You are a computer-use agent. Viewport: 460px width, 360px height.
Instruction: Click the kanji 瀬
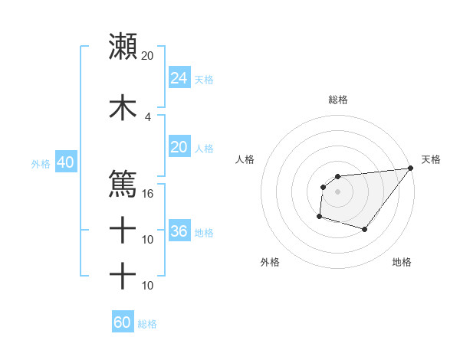pyautogui.click(x=123, y=47)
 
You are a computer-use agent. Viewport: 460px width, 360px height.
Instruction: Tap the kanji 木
pyautogui.click(x=123, y=108)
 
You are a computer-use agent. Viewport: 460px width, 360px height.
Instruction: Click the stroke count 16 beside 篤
pyautogui.click(x=148, y=193)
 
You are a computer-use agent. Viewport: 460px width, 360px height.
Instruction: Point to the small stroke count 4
pyautogui.click(x=148, y=116)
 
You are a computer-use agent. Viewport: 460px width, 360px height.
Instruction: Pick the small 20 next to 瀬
pyautogui.click(x=148, y=56)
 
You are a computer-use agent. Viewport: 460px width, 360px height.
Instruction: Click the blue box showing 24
pyautogui.click(x=179, y=78)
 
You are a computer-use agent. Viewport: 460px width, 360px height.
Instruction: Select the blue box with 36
pyautogui.click(x=179, y=231)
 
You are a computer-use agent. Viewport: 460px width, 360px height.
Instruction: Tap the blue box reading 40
pyautogui.click(x=65, y=162)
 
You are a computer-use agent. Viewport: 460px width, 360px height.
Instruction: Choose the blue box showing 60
pyautogui.click(x=123, y=322)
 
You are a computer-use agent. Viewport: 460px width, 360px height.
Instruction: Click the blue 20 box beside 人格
pyautogui.click(x=179, y=147)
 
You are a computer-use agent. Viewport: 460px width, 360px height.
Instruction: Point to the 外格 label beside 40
pyautogui.click(x=41, y=163)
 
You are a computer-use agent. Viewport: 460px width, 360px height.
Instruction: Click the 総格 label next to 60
pyautogui.click(x=147, y=324)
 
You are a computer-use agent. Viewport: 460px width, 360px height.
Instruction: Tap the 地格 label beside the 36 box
pyautogui.click(x=204, y=232)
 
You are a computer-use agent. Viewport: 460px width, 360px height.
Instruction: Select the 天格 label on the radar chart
pyautogui.click(x=431, y=159)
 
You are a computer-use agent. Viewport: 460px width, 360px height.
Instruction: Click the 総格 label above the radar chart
pyautogui.click(x=337, y=100)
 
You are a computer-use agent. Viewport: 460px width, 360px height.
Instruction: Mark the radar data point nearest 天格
pyautogui.click(x=412, y=169)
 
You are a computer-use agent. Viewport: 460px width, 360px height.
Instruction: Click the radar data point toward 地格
pyautogui.click(x=366, y=230)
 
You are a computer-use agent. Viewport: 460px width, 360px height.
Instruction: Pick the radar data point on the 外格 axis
pyautogui.click(x=319, y=217)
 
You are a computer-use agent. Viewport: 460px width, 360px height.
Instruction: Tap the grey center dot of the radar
pyautogui.click(x=337, y=191)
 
